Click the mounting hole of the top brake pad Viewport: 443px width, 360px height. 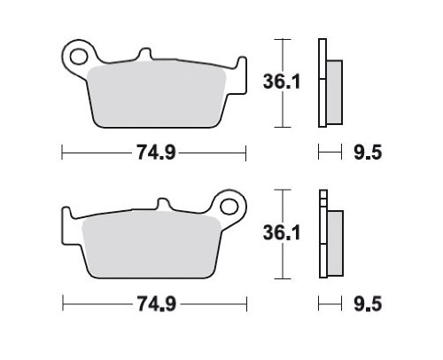[x=79, y=57]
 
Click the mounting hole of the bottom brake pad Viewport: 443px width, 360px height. [x=229, y=207]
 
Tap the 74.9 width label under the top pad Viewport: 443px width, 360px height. [x=156, y=153]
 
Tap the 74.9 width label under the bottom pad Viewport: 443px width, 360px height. [x=156, y=304]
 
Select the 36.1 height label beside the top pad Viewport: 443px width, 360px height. [x=282, y=82]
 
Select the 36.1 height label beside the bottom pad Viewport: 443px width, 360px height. [x=282, y=232]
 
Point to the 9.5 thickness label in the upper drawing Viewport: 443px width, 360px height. [x=368, y=153]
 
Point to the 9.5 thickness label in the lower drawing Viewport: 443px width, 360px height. [x=368, y=304]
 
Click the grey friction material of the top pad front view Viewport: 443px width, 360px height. [x=157, y=95]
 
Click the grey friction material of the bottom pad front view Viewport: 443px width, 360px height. [x=152, y=246]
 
